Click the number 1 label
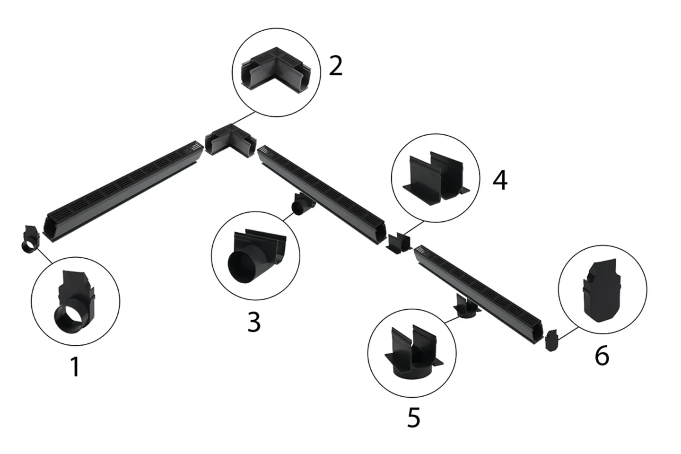74,367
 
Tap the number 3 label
254,322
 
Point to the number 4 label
500,180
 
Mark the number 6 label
602,355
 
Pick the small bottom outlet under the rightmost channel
466,308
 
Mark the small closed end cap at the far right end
552,341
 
